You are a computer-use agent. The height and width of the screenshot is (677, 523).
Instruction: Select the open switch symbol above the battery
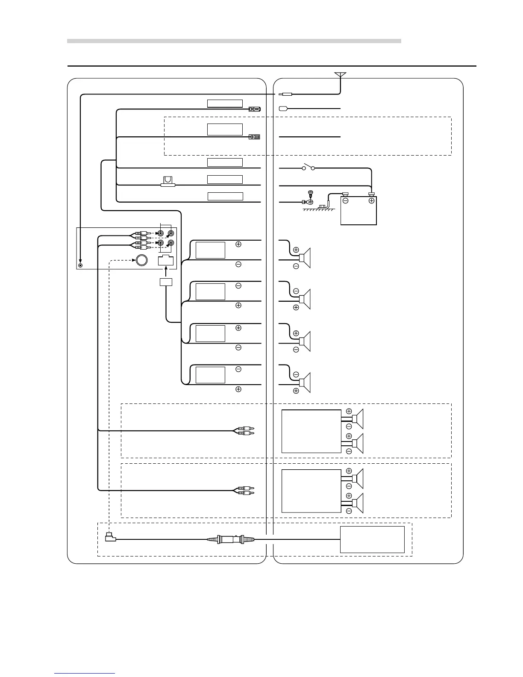[309, 167]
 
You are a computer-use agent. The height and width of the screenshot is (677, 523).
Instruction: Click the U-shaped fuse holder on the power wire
[168, 182]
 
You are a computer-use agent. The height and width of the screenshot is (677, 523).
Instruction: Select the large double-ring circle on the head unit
[142, 260]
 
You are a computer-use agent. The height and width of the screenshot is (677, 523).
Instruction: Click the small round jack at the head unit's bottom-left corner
[80, 265]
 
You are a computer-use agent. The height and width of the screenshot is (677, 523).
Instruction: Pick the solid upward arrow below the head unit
[166, 272]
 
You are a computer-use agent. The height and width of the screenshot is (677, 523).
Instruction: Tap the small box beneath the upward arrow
[166, 282]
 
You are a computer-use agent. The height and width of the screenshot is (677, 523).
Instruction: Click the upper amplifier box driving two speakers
[311, 431]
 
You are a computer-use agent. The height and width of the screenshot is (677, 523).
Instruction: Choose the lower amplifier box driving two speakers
[311, 491]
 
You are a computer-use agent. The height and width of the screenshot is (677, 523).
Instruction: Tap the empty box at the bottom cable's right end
[372, 539]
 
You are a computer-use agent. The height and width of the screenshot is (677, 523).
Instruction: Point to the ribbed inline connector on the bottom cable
[231, 539]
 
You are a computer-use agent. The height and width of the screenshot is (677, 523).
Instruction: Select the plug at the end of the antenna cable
[285, 94]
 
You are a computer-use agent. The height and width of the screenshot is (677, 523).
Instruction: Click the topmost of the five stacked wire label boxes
[225, 103]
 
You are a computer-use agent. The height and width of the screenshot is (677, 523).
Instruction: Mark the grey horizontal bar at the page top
[234, 41]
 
